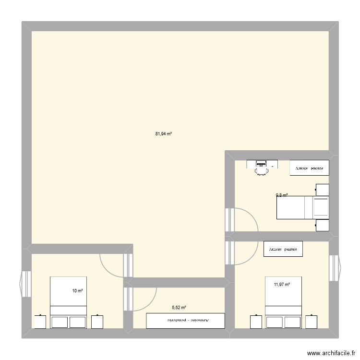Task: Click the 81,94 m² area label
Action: (163, 134)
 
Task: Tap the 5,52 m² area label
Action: (179, 308)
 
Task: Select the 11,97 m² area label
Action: (282, 285)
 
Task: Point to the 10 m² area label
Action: (77, 291)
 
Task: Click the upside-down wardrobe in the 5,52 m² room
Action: (185, 320)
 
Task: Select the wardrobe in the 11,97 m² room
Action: (283, 249)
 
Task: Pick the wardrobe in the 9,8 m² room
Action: (309, 168)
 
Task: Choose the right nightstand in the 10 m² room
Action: (98, 322)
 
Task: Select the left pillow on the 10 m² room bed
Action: (60, 322)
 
